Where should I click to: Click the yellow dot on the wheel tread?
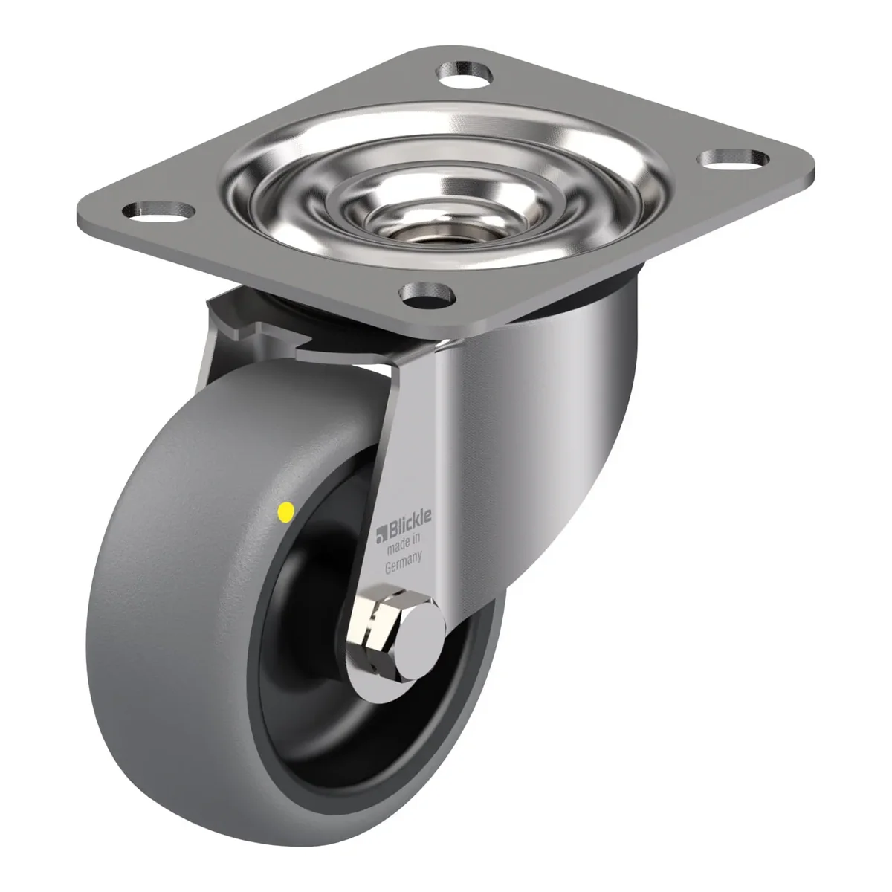click(285, 511)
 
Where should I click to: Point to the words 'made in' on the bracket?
click(403, 544)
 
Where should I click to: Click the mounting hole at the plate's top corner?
click(465, 72)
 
